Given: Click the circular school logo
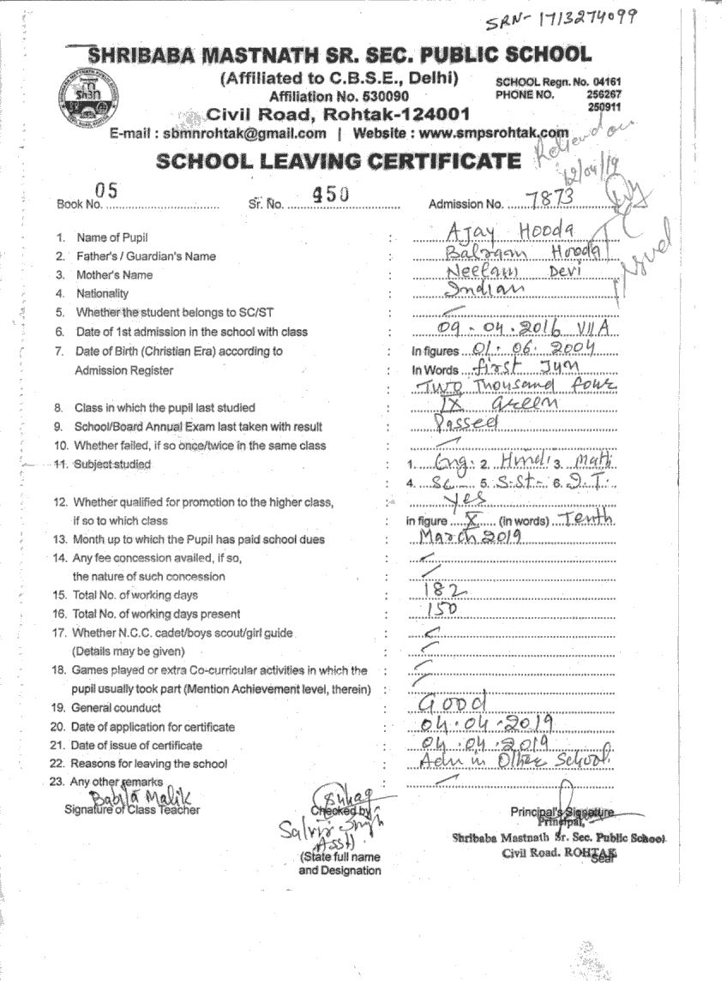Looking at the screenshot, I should point(86,96).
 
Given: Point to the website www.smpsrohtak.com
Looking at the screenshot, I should point(494,134).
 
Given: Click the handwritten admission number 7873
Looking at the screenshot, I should point(550,198).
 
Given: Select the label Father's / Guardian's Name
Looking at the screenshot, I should point(146,256).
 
